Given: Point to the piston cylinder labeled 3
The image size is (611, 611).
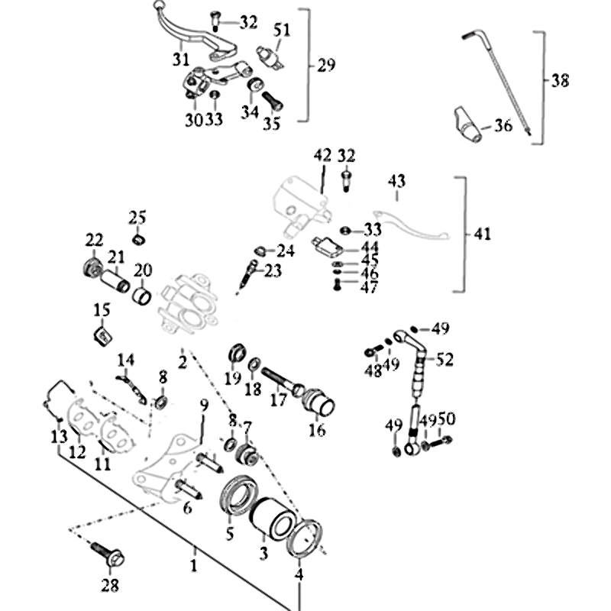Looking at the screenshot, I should click(x=271, y=519).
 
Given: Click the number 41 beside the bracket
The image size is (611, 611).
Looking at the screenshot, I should click(x=482, y=234).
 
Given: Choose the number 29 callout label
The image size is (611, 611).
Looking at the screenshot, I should click(x=326, y=66).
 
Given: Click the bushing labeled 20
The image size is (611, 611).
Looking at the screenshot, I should click(x=143, y=294).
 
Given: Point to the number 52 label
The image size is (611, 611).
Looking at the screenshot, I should click(x=445, y=359).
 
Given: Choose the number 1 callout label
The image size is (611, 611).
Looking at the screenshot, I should click(x=194, y=566).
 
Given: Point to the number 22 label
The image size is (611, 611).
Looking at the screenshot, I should click(x=94, y=239).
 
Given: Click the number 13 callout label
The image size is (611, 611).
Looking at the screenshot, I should click(x=59, y=437).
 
